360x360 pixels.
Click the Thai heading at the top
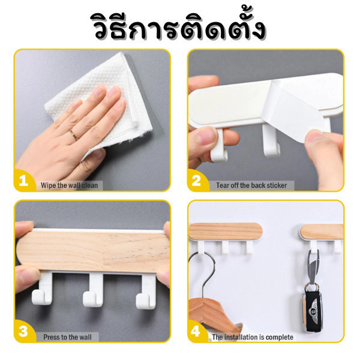[x=180, y=28]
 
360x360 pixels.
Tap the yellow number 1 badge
[x=24, y=181]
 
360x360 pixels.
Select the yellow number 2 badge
[x=197, y=181]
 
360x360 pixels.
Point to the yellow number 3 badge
[x=24, y=331]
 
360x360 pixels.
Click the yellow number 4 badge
[x=196, y=331]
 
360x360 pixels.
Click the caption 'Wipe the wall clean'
[x=70, y=185]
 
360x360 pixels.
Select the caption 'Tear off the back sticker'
[x=251, y=185]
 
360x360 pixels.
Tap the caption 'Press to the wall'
[x=67, y=337]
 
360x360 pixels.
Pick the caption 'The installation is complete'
[x=253, y=337]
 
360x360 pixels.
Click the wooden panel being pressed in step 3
[x=93, y=252]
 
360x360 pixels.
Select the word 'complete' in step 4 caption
[x=280, y=337]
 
